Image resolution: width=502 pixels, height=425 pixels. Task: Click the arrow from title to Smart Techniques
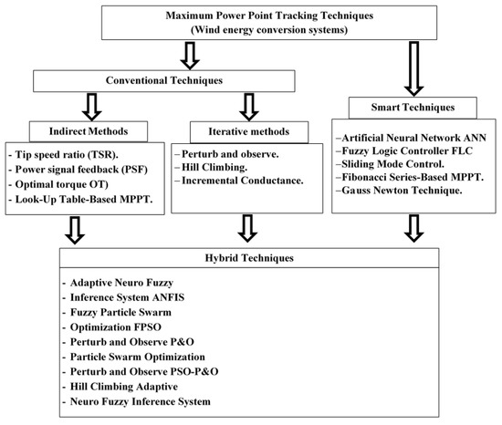(x=413, y=68)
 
